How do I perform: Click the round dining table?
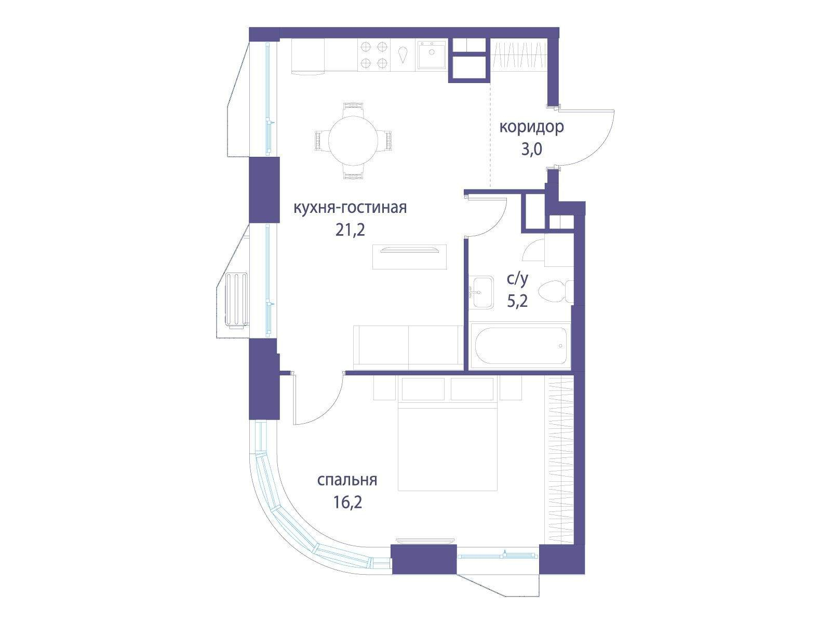pyautogui.click(x=353, y=140)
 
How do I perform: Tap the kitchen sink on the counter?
pyautogui.click(x=432, y=55)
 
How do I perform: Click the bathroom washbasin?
pyautogui.click(x=481, y=292)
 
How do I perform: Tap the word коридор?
pyautogui.click(x=531, y=128)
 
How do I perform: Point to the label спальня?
pyautogui.click(x=347, y=480)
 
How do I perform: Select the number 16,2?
pyautogui.click(x=348, y=502)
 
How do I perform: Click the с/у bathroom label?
pyautogui.click(x=517, y=279)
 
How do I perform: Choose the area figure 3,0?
pyautogui.click(x=532, y=150)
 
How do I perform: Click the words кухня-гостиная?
pyautogui.click(x=350, y=208)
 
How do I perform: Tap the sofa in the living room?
pyautogui.click(x=409, y=347)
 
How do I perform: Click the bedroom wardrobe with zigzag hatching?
pyautogui.click(x=559, y=459)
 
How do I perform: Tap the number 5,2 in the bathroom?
pyautogui.click(x=517, y=302)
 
